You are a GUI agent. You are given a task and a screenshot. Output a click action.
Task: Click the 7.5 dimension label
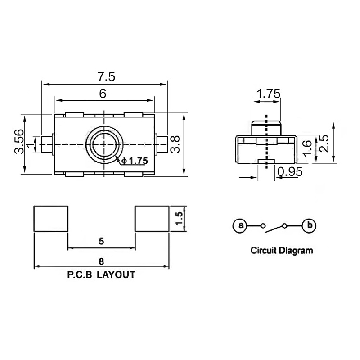pyautogui.click(x=107, y=76)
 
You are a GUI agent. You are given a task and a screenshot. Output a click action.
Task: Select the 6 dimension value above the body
pyautogui.click(x=103, y=94)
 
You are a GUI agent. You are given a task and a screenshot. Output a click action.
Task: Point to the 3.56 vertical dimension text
pyautogui.click(x=19, y=141)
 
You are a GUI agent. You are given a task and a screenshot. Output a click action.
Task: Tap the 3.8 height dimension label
pyautogui.click(x=175, y=144)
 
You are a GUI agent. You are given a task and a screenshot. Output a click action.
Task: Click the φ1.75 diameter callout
pyautogui.click(x=134, y=161)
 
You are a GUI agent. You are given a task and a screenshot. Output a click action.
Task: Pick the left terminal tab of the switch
pyautogui.click(x=47, y=144)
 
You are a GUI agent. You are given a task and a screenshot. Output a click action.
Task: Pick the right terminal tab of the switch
pyautogui.click(x=162, y=144)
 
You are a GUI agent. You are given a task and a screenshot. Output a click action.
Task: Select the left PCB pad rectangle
pyautogui.click(x=51, y=219)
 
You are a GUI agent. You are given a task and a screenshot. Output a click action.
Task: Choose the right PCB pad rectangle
pyautogui.click(x=152, y=219)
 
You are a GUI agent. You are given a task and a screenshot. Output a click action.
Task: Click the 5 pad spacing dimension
pyautogui.click(x=102, y=241)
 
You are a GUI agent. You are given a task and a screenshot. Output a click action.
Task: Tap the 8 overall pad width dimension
pyautogui.click(x=101, y=261)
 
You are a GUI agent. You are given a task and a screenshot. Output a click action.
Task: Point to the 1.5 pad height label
pyautogui.click(x=179, y=218)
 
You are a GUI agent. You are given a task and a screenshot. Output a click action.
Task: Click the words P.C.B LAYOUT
pyautogui.click(x=101, y=274)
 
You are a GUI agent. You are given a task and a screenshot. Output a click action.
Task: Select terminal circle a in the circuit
pyautogui.click(x=240, y=225)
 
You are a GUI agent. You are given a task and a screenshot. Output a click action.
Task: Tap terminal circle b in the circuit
pyautogui.click(x=309, y=225)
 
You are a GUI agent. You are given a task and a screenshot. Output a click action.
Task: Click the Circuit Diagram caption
pyautogui.click(x=282, y=250)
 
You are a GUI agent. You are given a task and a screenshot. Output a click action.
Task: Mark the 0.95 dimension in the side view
pyautogui.click(x=290, y=171)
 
